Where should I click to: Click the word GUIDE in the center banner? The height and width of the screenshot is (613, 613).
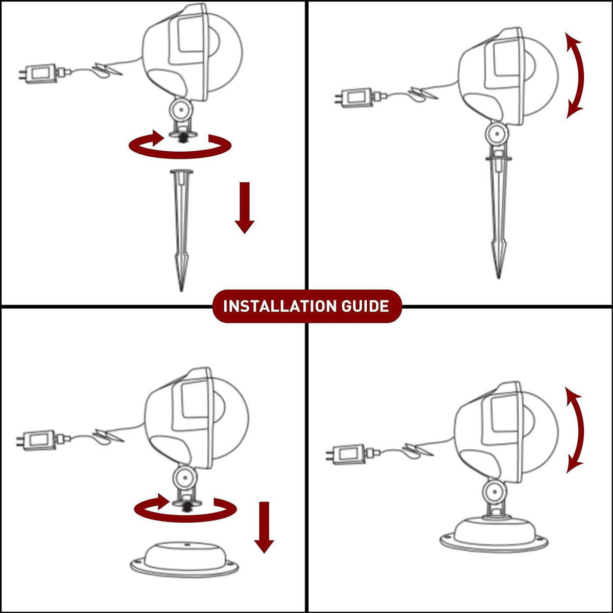point(365,306)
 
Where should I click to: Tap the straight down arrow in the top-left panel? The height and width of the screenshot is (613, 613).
point(244,208)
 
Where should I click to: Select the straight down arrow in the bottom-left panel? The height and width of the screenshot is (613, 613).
point(264,527)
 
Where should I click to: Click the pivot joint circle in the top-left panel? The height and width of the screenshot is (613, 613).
point(181,110)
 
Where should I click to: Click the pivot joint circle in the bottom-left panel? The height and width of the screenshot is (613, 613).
point(185,478)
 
